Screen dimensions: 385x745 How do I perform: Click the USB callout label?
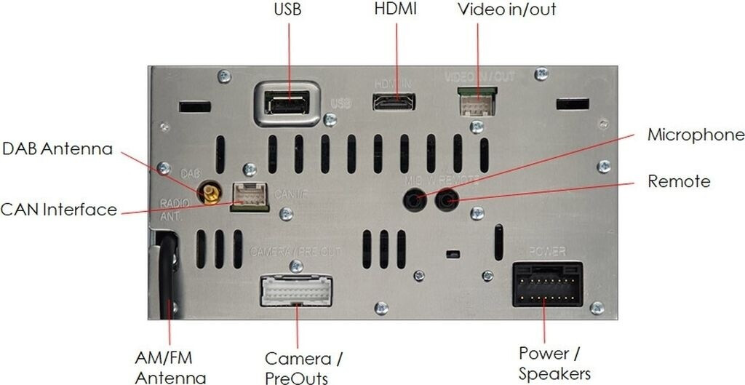tap(287, 11)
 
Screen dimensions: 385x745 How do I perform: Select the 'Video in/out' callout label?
tap(506, 11)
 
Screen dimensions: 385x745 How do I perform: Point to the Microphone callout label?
tap(696, 135)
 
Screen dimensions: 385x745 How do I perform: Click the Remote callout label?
tap(679, 180)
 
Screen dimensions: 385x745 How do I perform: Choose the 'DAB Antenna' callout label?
tap(57, 149)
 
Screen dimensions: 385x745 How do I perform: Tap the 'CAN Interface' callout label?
tap(58, 210)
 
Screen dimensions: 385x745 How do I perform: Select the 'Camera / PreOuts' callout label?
tap(303, 368)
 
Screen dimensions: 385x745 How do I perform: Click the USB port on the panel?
tap(288, 105)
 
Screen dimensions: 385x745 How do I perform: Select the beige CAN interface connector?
tap(250, 196)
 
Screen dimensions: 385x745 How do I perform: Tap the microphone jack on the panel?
tap(415, 198)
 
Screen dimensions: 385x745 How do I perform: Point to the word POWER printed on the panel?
tap(546, 252)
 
